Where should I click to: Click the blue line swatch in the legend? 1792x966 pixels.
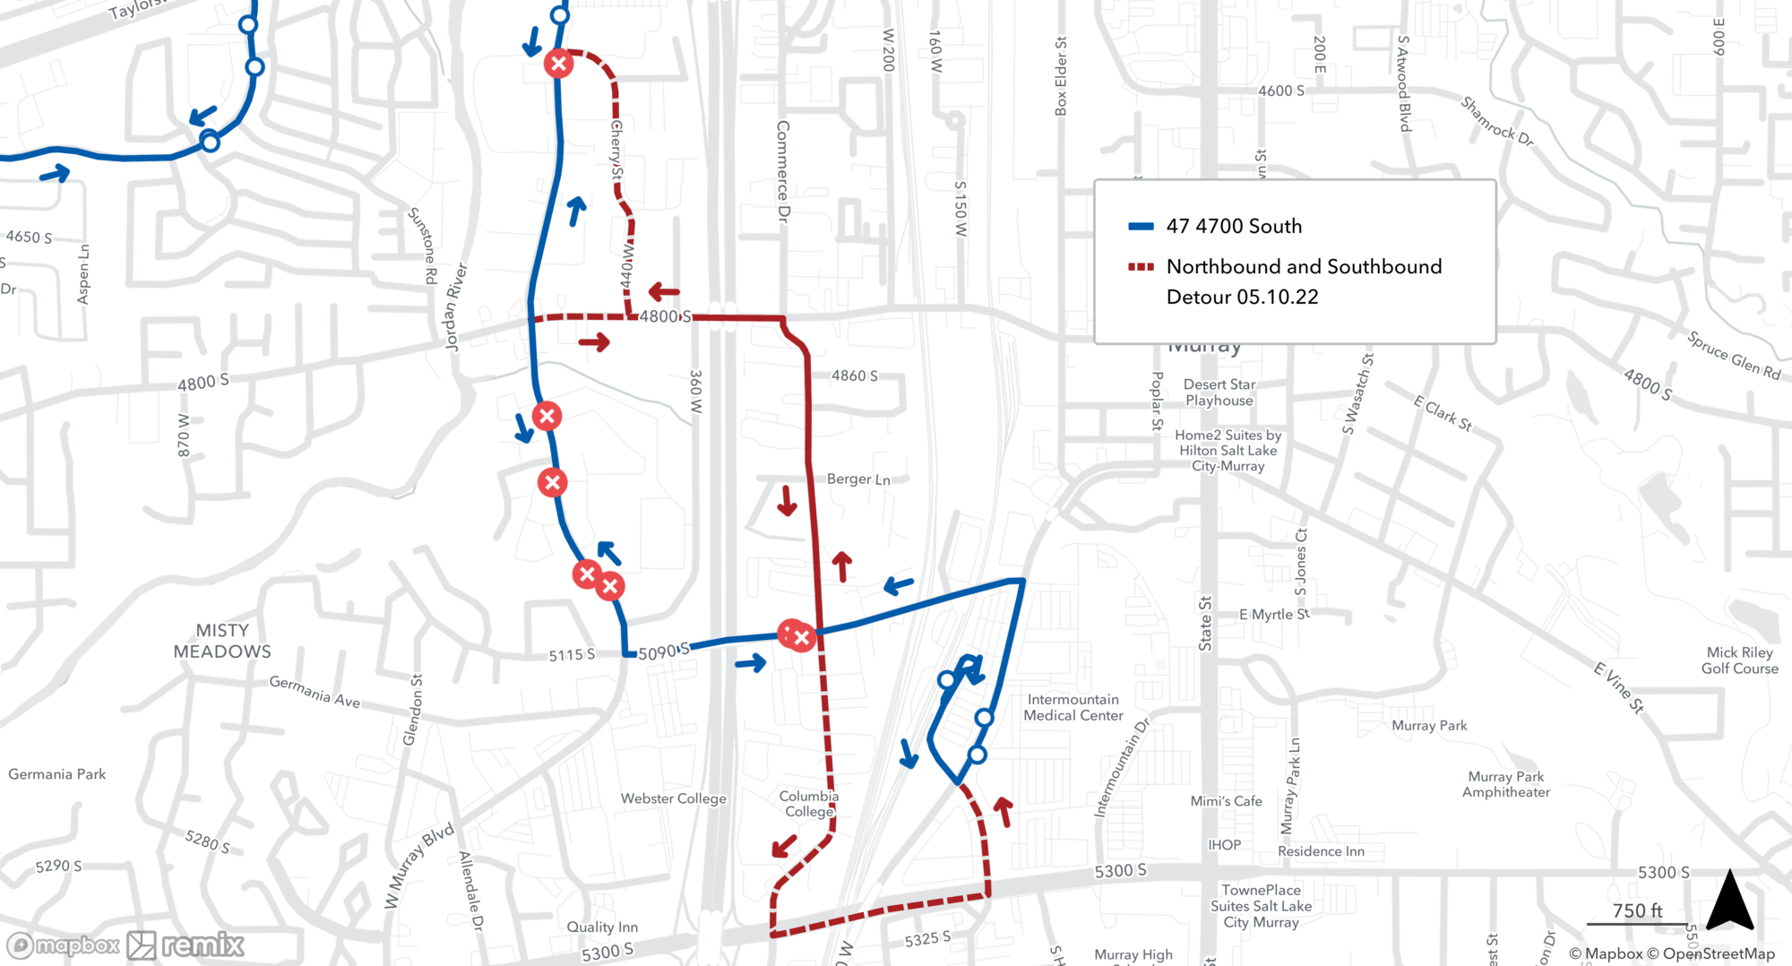click(1141, 227)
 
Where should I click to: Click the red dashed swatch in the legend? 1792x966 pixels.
click(1141, 267)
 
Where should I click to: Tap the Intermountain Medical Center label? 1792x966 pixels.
click(1073, 707)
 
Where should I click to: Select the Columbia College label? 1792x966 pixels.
click(809, 804)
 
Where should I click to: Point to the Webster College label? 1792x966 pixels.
click(673, 798)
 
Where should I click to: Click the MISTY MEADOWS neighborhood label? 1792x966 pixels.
click(222, 641)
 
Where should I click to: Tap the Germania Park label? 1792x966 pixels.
click(57, 774)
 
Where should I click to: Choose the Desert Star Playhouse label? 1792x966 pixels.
click(1219, 392)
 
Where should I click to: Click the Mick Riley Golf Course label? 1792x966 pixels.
click(1740, 660)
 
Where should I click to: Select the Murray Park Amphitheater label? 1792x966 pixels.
click(1505, 784)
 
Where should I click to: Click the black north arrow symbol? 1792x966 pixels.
click(1729, 901)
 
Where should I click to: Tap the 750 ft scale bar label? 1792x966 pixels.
click(1637, 910)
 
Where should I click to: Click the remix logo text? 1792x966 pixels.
click(202, 944)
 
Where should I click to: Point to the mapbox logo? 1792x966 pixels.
click(65, 945)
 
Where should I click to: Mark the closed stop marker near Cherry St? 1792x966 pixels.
click(558, 64)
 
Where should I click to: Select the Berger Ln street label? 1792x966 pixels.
click(858, 479)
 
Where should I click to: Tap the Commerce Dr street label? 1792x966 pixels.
click(783, 171)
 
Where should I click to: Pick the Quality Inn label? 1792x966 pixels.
click(602, 927)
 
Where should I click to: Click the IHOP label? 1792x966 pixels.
click(1224, 845)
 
